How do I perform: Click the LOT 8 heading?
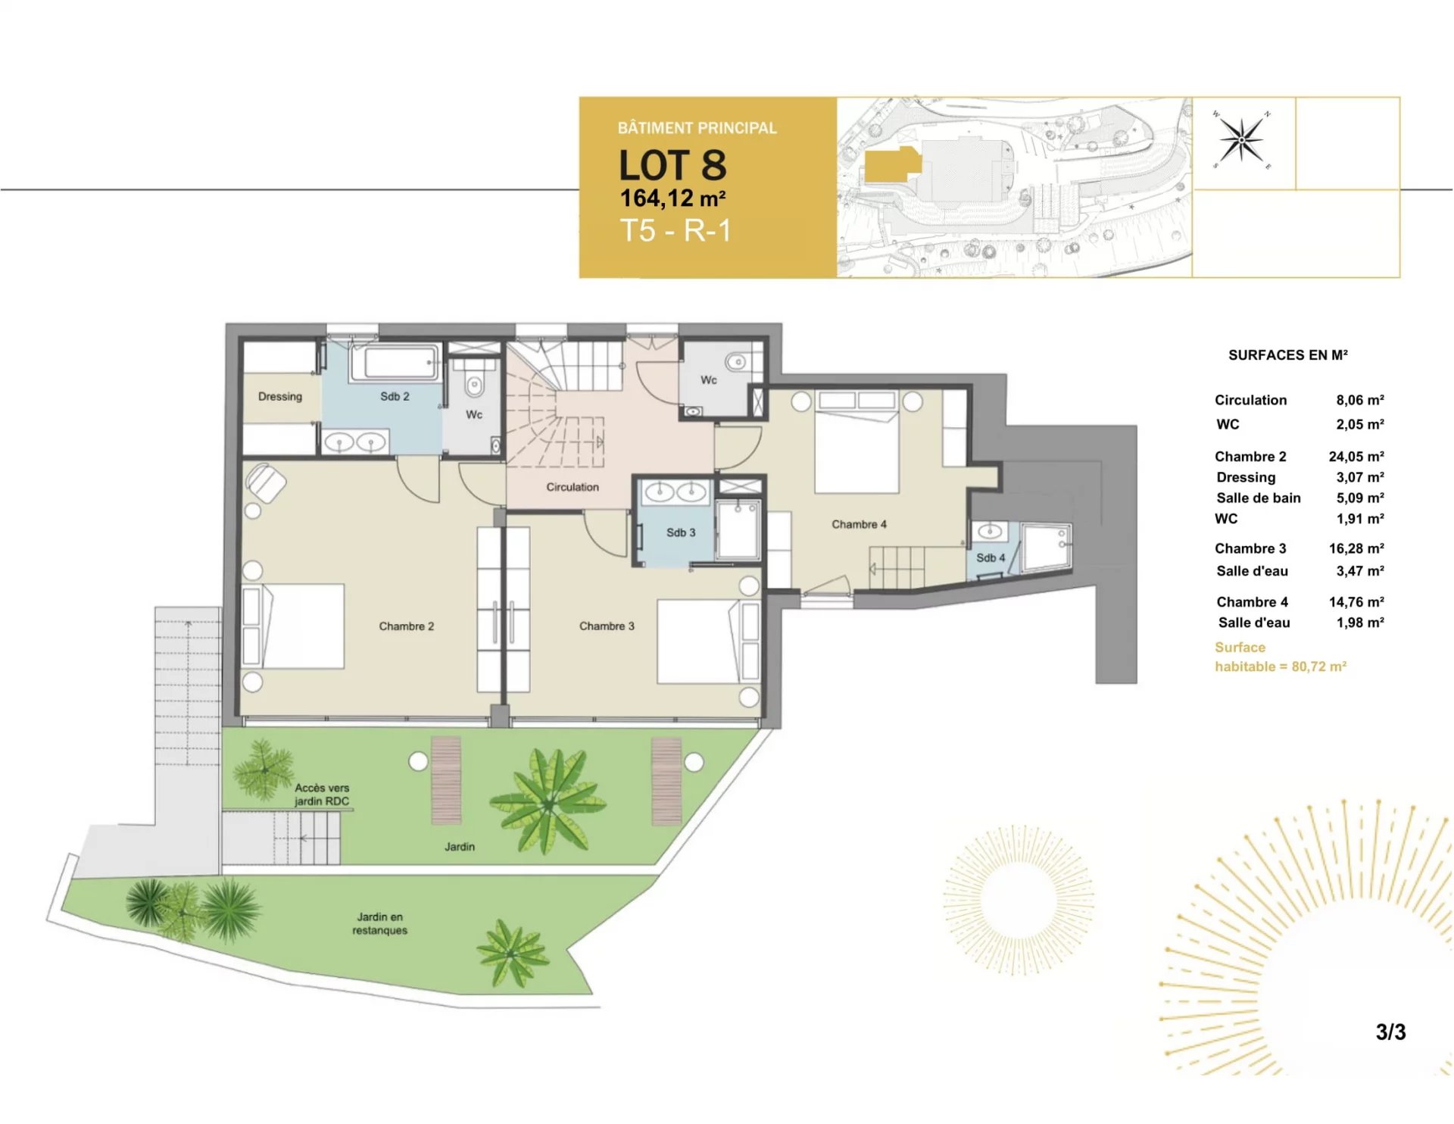click(672, 164)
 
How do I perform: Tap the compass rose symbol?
click(1242, 139)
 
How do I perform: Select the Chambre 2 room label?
click(407, 626)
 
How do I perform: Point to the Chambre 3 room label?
click(607, 626)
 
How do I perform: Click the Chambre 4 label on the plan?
click(859, 524)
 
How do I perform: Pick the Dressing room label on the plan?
click(280, 397)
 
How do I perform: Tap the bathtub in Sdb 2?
click(395, 363)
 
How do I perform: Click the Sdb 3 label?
click(681, 532)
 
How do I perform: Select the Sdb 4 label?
click(991, 558)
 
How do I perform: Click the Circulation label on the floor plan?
click(573, 487)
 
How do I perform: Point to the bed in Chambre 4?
click(856, 442)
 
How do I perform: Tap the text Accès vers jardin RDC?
click(322, 795)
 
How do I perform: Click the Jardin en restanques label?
click(379, 923)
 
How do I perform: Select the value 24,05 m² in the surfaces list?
click(1356, 457)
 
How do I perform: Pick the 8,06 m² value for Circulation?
click(1360, 400)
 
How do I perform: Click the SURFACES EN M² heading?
click(1287, 354)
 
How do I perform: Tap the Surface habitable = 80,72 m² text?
click(1281, 657)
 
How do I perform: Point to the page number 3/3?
click(1390, 1032)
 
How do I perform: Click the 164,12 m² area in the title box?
click(672, 198)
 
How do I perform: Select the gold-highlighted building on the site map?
click(893, 164)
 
